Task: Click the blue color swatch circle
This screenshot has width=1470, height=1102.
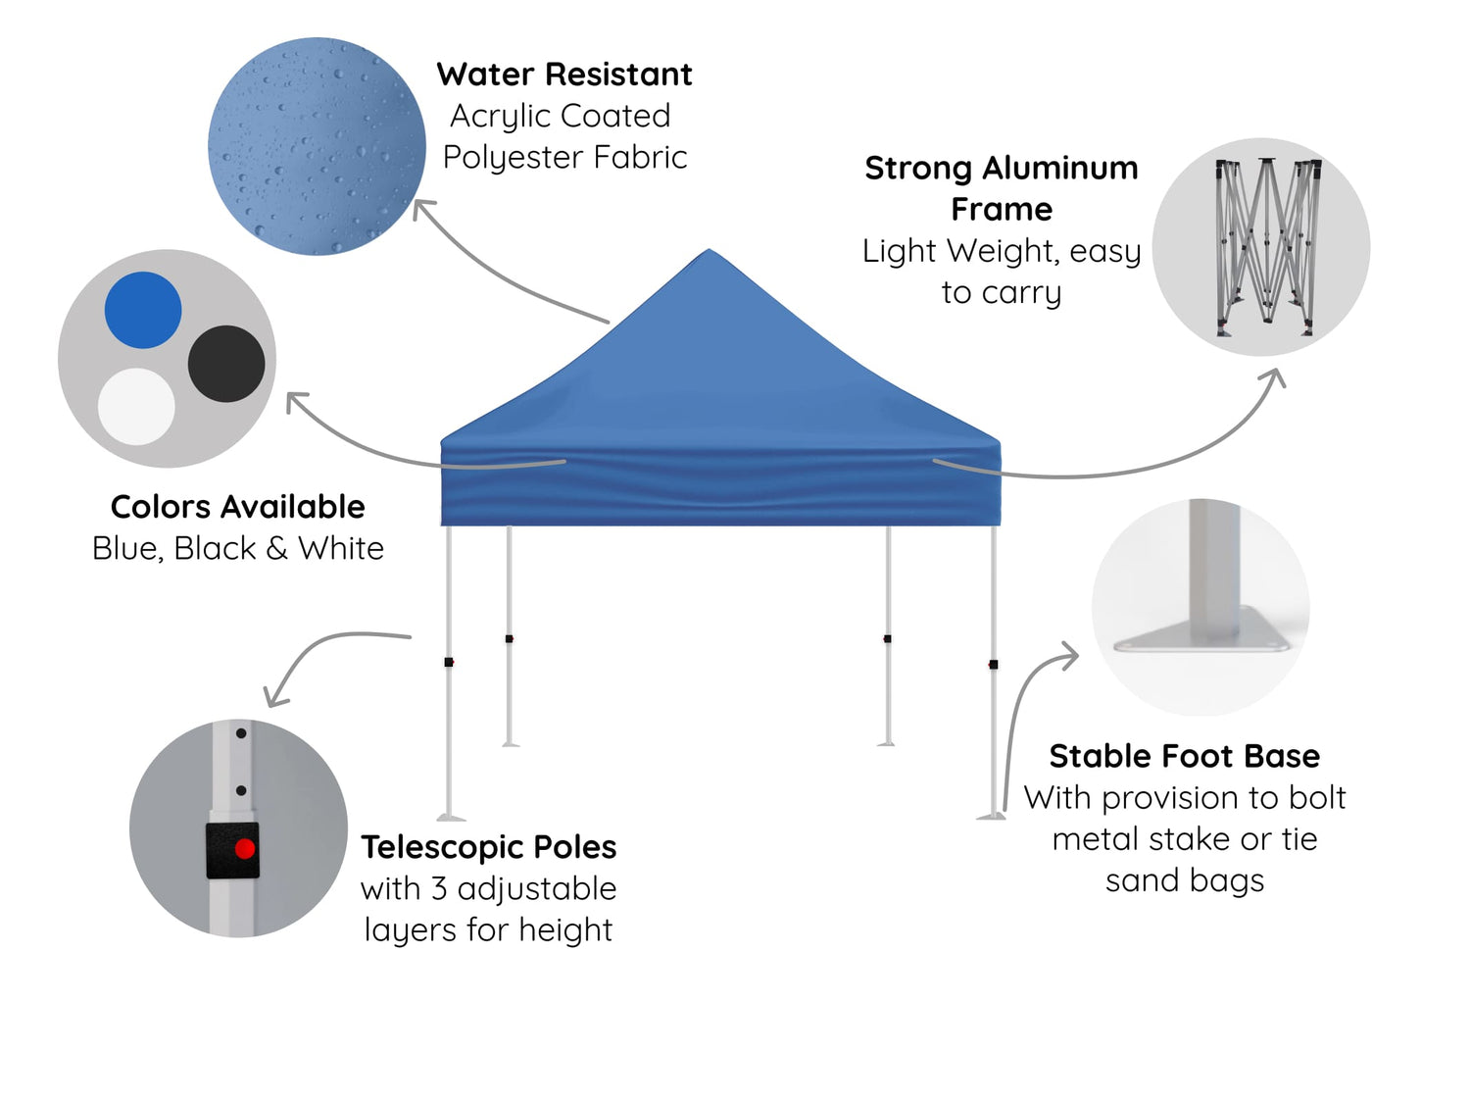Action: (143, 310)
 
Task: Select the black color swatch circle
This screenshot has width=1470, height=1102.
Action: (226, 364)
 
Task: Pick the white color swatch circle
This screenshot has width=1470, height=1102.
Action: (136, 406)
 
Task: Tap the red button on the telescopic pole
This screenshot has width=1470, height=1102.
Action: (245, 848)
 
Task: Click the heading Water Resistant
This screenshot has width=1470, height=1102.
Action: (564, 75)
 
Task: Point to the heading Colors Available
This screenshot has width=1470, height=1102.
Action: (238, 507)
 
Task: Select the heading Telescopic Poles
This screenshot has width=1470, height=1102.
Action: (489, 847)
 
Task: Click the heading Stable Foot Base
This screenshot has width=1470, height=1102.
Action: (1184, 756)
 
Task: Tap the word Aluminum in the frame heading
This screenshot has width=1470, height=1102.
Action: (1060, 169)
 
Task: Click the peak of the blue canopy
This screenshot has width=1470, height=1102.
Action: (709, 253)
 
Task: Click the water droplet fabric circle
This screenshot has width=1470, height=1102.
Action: (317, 146)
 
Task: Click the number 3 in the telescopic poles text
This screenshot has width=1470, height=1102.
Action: (439, 888)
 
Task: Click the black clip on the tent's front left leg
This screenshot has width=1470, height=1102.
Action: (449, 663)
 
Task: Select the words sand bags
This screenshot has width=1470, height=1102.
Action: (1184, 880)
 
